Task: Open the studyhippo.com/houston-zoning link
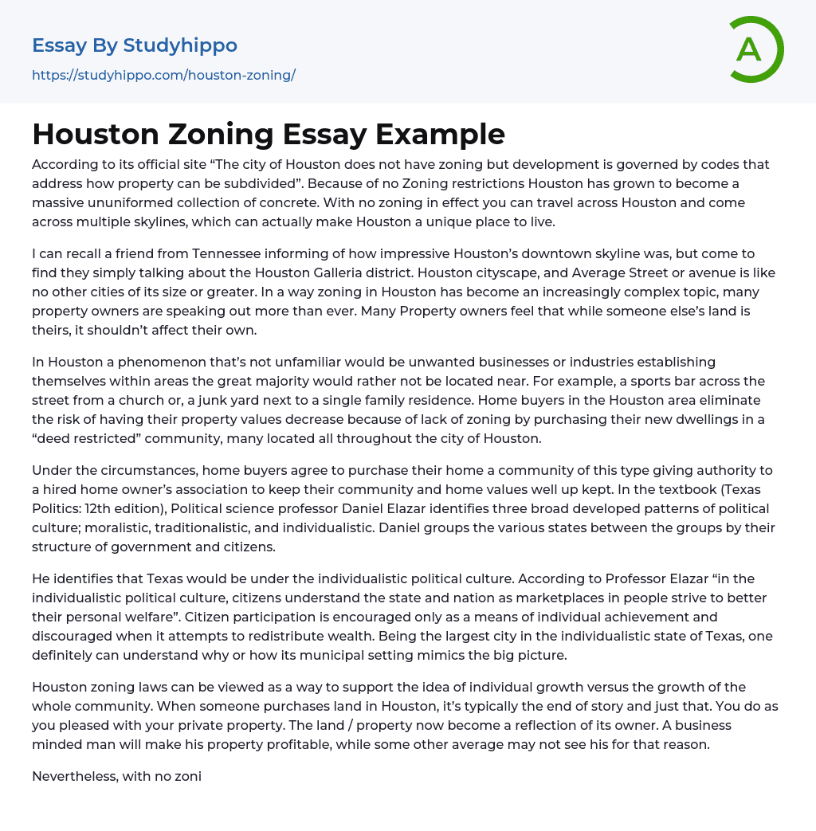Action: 163,75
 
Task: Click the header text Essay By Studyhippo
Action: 135,45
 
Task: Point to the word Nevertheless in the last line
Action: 76,776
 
